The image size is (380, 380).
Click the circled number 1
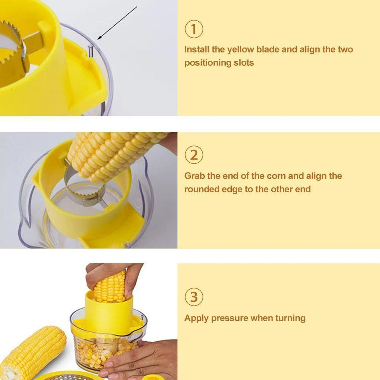point(194,29)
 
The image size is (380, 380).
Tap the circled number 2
point(194,155)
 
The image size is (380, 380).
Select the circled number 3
point(194,297)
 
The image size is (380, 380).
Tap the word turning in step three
point(290,318)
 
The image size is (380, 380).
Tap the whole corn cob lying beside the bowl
point(32,351)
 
